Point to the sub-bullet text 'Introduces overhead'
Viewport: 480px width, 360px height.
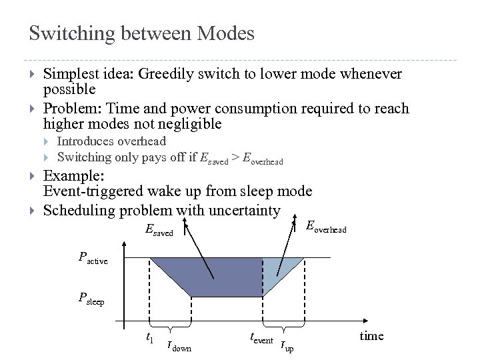[111, 141]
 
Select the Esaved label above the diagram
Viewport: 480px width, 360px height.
[159, 230]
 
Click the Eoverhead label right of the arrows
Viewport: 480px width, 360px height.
[325, 228]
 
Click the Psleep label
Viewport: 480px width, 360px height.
[91, 299]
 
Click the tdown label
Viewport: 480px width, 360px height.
[178, 345]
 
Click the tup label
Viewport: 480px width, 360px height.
[287, 345]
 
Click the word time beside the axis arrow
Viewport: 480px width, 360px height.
[371, 335]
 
